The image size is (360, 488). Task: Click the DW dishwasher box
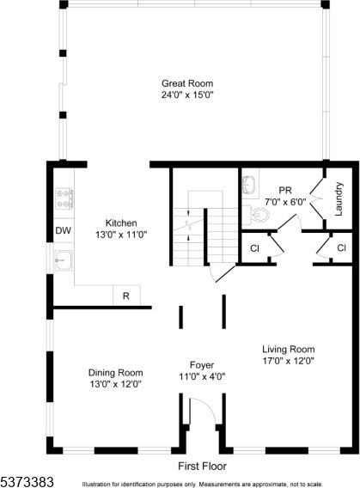point(63,230)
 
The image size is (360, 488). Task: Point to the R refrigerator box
point(125,296)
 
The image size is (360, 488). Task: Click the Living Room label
point(289,350)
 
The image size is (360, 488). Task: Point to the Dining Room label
point(115,372)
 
